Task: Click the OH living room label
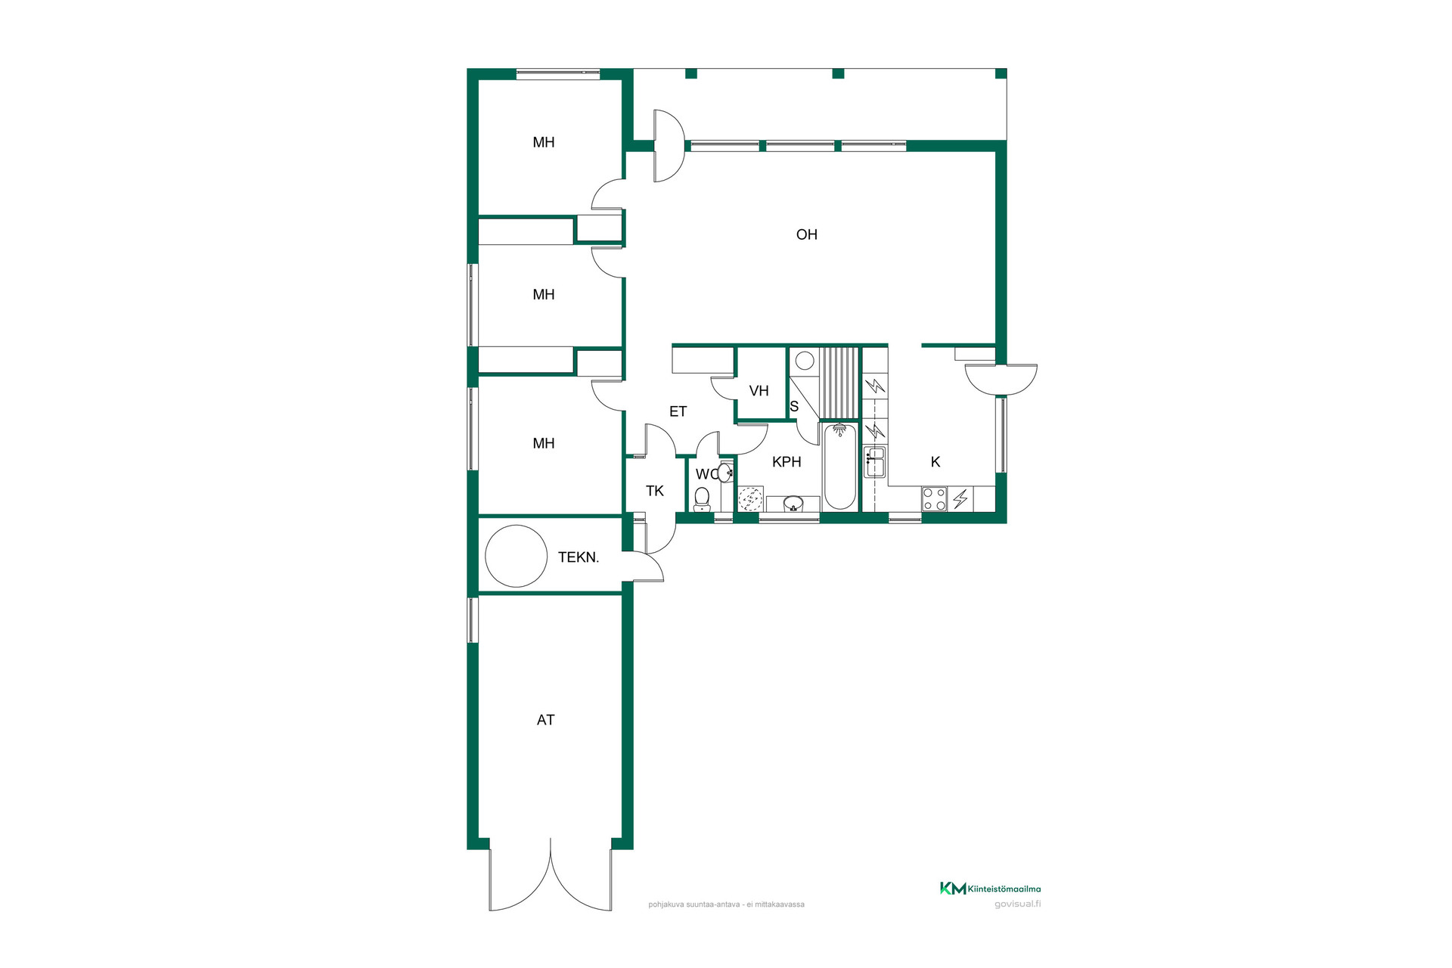coord(807,234)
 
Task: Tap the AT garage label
coord(545,720)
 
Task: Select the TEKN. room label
coord(579,557)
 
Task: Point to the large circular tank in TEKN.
coord(516,556)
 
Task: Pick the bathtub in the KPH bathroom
coord(839,467)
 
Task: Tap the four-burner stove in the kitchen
coord(934,499)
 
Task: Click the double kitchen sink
coord(875,461)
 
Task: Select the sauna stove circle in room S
coord(804,360)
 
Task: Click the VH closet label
coord(759,391)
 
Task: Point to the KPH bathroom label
coord(786,462)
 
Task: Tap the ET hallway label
coord(678,411)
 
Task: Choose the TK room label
coord(655,491)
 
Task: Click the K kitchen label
coord(935,462)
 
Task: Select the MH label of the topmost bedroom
coord(544,142)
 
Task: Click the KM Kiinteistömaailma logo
coord(990,889)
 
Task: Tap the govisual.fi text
coord(1017,904)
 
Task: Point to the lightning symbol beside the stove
coord(960,499)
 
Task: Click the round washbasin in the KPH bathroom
coord(793,503)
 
